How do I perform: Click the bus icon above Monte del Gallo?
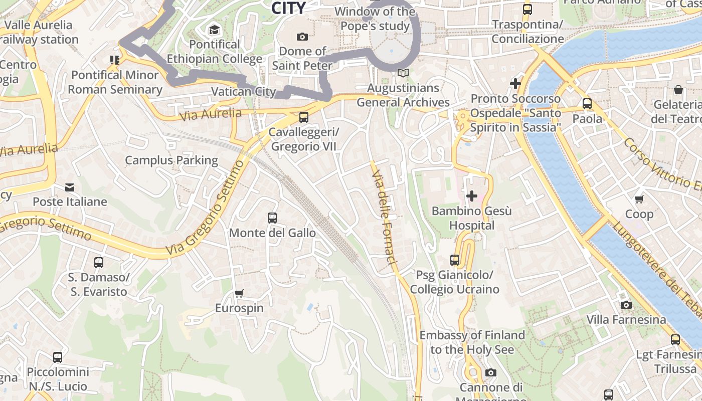[272, 218]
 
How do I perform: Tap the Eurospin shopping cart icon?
[239, 293]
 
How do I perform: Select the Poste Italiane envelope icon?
[70, 187]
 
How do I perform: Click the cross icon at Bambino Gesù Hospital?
[472, 196]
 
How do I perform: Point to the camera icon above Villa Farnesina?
[626, 305]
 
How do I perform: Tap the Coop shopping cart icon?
[639, 199]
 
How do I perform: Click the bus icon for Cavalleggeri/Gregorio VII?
[304, 117]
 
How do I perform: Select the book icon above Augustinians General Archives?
[403, 73]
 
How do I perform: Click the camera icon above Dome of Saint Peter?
[302, 37]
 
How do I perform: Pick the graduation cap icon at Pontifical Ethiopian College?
[215, 30]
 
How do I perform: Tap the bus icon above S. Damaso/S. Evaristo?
[99, 263]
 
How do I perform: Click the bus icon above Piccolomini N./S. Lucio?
[58, 357]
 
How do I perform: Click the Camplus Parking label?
[171, 160]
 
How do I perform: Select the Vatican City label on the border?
[243, 92]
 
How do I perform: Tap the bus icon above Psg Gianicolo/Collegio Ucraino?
[455, 260]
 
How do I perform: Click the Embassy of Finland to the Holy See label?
[472, 342]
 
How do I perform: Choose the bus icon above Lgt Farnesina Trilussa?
[675, 340]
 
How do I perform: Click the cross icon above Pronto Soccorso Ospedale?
[515, 84]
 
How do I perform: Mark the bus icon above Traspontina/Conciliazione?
[528, 10]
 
